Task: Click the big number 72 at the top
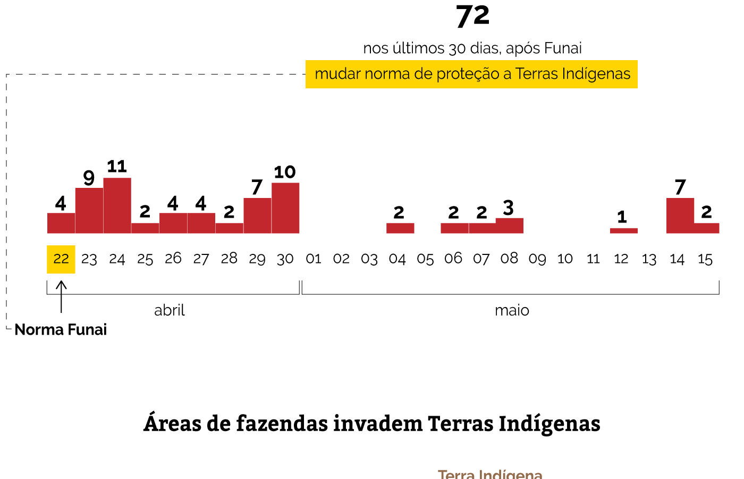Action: point(472,16)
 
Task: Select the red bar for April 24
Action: point(117,205)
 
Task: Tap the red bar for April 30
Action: point(285,208)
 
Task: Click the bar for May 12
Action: point(623,230)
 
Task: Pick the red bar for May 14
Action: point(680,216)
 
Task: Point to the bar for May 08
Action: point(509,226)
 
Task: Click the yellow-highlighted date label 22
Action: point(61,259)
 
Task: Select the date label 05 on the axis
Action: point(425,259)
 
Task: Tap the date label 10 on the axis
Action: point(565,259)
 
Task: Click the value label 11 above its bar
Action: point(117,167)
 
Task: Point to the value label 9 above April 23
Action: point(89,178)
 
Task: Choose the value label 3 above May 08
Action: point(509,208)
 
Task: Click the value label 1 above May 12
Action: point(622,217)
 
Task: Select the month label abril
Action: point(170,310)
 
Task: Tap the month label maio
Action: point(512,310)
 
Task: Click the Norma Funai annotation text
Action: point(61,330)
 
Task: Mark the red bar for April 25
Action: point(145,228)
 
